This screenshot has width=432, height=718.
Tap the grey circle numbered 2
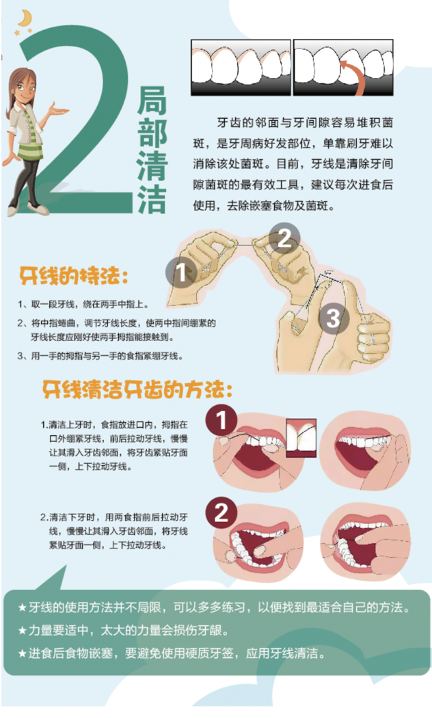pos(284,238)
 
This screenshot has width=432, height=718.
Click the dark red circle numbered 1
pos(221,420)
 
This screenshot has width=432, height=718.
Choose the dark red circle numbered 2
pos(221,512)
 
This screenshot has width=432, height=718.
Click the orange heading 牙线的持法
pos(73,276)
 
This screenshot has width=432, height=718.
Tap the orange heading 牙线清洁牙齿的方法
pos(137,390)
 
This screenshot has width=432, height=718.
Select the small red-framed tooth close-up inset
pos(301,438)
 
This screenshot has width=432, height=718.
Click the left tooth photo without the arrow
pos(241,68)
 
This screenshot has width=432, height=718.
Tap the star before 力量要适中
pos(23,631)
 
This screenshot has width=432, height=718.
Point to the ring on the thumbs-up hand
pos(374,340)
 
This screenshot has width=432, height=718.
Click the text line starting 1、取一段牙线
pos(83,305)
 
